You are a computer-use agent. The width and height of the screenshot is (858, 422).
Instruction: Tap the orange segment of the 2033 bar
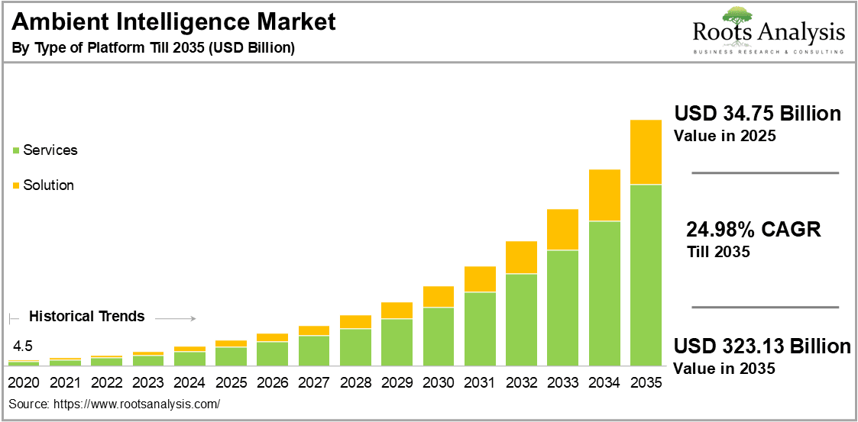(563, 229)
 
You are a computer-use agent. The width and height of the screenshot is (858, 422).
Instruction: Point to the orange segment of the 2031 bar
(480, 279)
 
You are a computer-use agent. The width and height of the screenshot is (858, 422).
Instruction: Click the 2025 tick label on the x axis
(231, 382)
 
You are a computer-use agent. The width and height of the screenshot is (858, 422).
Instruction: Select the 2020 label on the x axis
(24, 382)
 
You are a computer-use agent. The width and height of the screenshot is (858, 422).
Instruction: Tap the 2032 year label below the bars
(521, 382)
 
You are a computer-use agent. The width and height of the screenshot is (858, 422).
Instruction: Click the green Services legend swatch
(16, 150)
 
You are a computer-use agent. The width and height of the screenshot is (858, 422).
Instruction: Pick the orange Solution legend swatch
(16, 185)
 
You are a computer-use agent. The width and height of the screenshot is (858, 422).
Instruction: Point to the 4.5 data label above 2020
(23, 344)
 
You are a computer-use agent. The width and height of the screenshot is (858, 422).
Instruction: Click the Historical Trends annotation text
(86, 316)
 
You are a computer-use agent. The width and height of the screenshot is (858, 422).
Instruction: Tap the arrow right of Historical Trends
(180, 318)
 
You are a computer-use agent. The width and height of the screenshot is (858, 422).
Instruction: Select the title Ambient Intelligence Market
(174, 23)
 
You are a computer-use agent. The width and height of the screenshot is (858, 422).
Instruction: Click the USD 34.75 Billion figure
(757, 114)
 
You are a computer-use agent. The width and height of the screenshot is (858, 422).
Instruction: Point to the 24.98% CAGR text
(753, 229)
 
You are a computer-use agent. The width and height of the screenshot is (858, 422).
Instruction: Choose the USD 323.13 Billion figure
(762, 346)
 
